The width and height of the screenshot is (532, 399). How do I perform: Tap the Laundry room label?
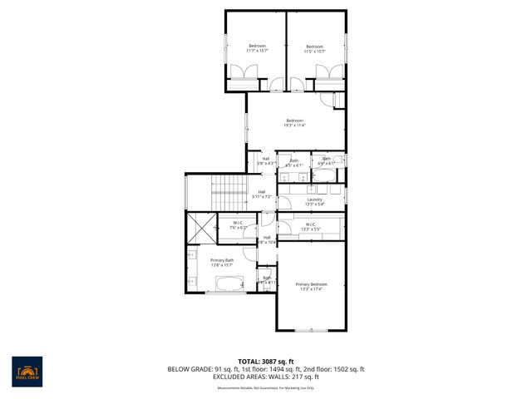(x=314, y=199)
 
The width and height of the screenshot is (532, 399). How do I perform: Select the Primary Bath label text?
(x=222, y=260)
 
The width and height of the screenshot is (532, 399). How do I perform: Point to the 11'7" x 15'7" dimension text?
(x=257, y=51)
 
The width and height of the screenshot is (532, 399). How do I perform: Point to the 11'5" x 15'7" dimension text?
(x=314, y=52)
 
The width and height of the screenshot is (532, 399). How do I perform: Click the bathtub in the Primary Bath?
(x=225, y=285)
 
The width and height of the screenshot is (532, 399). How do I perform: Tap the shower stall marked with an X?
(x=200, y=227)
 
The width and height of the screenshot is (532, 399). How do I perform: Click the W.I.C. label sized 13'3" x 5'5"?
(x=309, y=229)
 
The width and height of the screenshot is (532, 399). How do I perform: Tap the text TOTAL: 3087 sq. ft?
(x=266, y=362)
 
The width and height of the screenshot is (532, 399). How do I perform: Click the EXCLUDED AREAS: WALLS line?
(x=266, y=377)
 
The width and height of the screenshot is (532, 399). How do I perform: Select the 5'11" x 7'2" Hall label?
(x=262, y=196)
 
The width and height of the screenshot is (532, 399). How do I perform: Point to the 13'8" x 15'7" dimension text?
(x=222, y=265)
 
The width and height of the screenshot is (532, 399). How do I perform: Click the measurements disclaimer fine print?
(x=266, y=387)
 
